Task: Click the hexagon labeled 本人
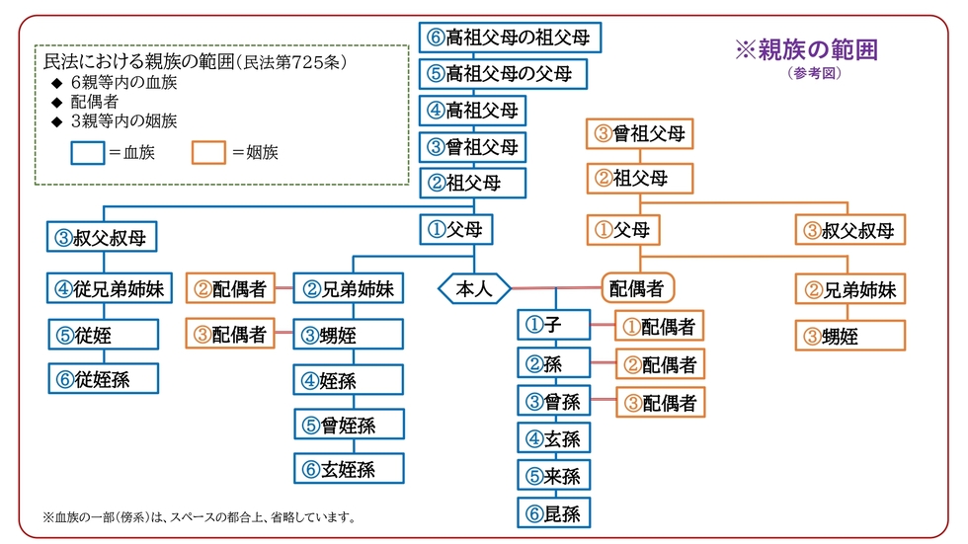tap(474, 288)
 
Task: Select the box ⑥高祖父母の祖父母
tap(510, 38)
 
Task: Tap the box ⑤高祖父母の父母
tap(503, 74)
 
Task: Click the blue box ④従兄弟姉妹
tap(110, 288)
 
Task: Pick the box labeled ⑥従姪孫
tap(104, 379)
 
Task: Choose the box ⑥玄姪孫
tap(349, 469)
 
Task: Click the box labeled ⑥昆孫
tap(554, 513)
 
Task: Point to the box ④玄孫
tap(554, 438)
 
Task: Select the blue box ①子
tap(554, 325)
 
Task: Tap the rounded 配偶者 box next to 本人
tap(638, 288)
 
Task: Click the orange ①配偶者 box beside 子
tap(660, 326)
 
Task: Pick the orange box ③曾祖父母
tap(640, 134)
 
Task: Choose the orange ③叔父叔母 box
tap(850, 230)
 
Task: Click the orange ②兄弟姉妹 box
tap(850, 289)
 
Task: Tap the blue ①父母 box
tap(456, 229)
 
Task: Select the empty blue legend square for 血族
tap(88, 153)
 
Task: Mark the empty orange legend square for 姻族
tap(208, 153)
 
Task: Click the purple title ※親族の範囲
tap(806, 50)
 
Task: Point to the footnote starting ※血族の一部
tap(200, 517)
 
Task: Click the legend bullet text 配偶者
tap(94, 102)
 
